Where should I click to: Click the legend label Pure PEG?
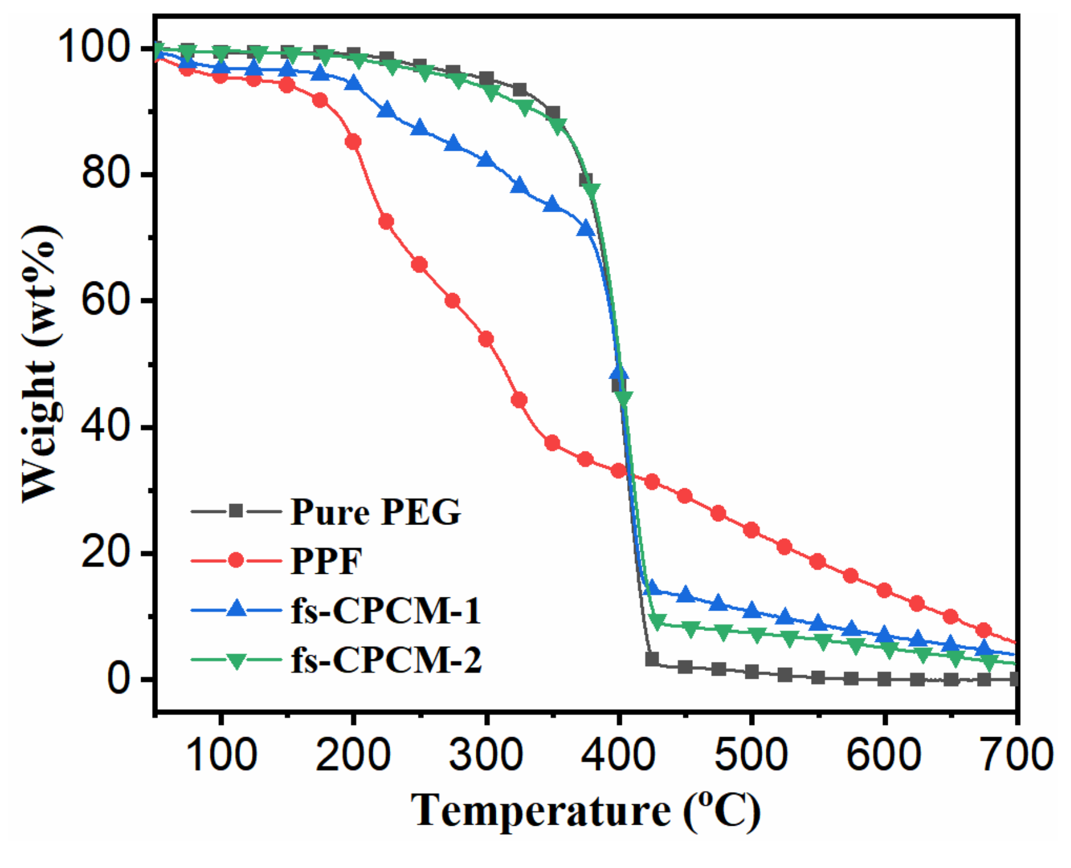(375, 512)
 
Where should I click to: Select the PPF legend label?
(326, 562)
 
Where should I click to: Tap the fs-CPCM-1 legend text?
(386, 611)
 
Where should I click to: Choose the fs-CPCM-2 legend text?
(386, 660)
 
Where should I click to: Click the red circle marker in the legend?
(236, 561)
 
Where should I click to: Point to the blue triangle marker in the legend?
(236, 609)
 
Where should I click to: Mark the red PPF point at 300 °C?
(486, 339)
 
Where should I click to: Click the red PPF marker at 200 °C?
(353, 142)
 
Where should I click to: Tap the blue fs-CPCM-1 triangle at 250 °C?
(420, 128)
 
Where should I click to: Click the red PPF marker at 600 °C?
(884, 590)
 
